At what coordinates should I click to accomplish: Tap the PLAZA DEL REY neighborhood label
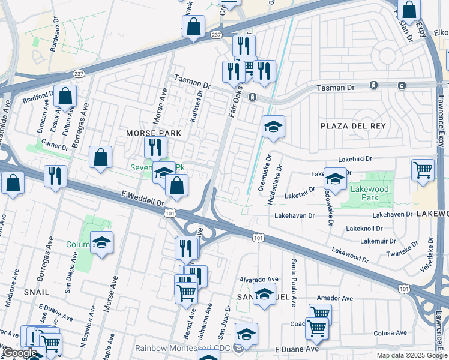[x=351, y=125]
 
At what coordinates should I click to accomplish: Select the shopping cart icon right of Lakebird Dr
[x=423, y=169]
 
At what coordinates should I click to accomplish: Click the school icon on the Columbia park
[x=102, y=242]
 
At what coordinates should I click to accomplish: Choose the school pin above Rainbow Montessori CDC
[x=246, y=333]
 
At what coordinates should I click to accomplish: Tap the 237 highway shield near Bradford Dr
[x=78, y=73]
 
